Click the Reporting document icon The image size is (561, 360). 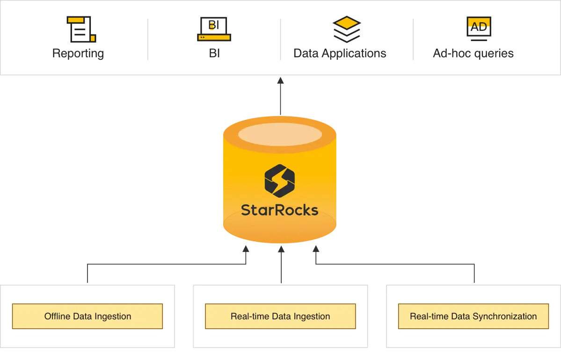tap(81, 29)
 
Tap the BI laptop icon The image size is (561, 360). tap(214, 29)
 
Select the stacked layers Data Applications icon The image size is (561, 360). tap(347, 29)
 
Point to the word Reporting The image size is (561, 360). tap(78, 53)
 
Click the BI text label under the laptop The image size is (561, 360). tap(214, 53)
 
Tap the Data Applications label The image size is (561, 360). tap(340, 53)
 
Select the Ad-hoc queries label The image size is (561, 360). tap(473, 53)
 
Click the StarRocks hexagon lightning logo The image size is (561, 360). tap(280, 180)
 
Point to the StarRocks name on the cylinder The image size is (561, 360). tap(280, 210)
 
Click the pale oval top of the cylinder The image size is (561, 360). tap(280, 134)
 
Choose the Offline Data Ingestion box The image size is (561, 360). tap(87, 317)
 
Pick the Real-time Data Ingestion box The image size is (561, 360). tap(280, 317)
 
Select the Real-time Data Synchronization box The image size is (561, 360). tap(473, 317)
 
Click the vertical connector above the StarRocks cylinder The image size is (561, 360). tap(280, 96)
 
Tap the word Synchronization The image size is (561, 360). tap(505, 317)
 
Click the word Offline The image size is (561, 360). tap(57, 317)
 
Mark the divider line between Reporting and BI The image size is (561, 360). tap(148, 39)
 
